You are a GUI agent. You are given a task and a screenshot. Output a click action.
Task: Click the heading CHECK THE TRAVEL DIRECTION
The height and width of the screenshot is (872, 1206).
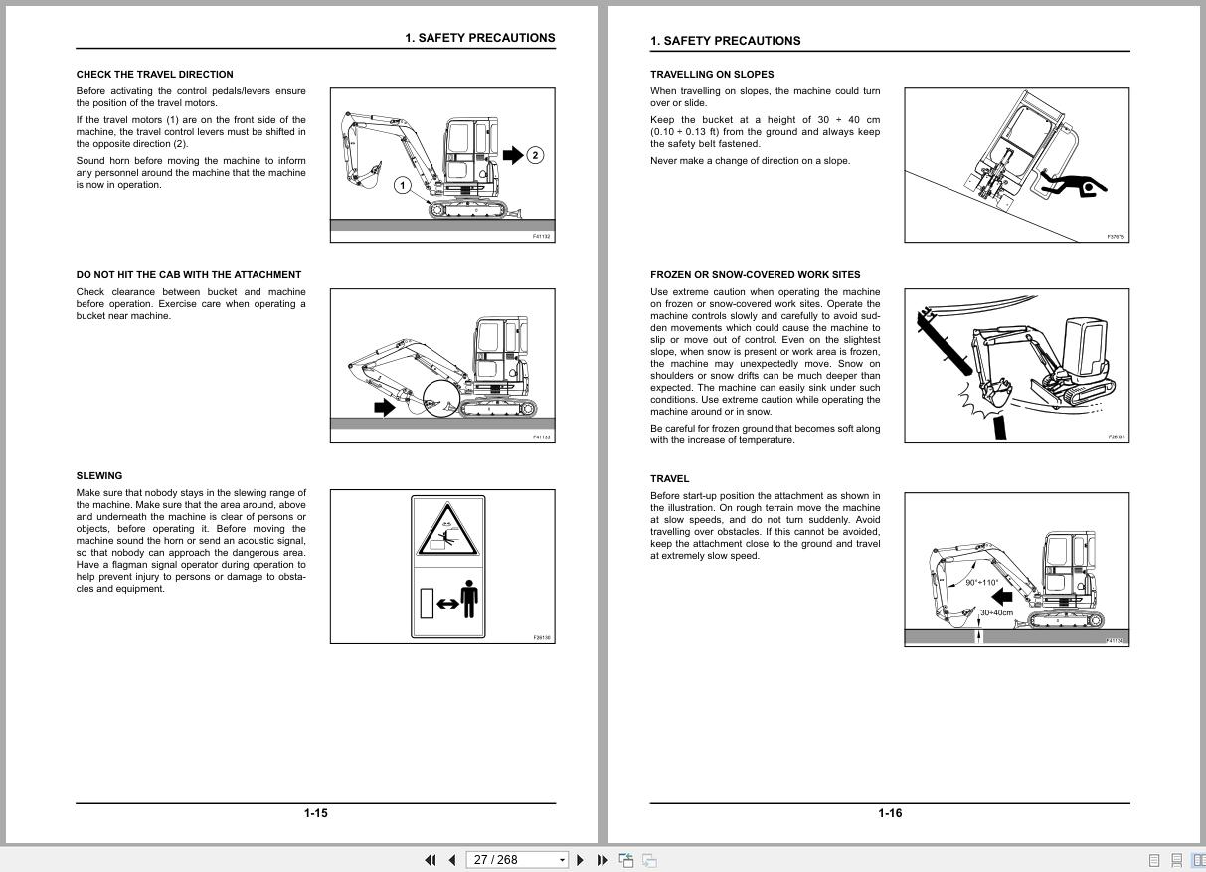[154, 74]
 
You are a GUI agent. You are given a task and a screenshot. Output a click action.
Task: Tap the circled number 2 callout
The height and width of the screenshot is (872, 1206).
[535, 154]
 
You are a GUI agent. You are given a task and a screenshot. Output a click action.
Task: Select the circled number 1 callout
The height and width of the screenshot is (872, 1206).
[403, 185]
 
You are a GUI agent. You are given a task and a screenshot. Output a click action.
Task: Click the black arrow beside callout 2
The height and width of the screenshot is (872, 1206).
[512, 154]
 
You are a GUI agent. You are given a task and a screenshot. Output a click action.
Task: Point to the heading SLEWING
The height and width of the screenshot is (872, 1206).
[99, 475]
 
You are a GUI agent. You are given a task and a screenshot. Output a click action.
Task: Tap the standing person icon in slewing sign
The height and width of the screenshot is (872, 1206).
[469, 599]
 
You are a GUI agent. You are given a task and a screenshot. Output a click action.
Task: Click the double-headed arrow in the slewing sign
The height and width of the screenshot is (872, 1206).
[447, 603]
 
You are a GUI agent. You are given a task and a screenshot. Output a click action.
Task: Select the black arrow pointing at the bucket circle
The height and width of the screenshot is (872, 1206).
[384, 406]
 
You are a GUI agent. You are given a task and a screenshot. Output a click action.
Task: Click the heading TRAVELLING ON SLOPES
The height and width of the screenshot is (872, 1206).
[712, 74]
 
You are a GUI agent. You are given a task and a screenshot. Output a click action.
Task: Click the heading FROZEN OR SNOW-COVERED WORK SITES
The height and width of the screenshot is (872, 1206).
[756, 274]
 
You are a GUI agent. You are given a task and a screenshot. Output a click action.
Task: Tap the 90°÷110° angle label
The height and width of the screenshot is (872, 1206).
[981, 583]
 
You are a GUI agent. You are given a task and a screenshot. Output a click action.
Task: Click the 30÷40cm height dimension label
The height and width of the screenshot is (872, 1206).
[996, 612]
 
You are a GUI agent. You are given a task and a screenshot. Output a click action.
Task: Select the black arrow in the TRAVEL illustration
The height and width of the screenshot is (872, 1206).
[1002, 596]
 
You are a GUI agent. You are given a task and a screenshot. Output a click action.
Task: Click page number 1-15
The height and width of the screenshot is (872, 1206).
[315, 813]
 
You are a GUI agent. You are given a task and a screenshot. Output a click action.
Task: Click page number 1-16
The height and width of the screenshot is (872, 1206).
[890, 813]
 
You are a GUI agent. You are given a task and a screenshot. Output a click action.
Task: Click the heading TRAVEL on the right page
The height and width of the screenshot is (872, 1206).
[669, 478]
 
